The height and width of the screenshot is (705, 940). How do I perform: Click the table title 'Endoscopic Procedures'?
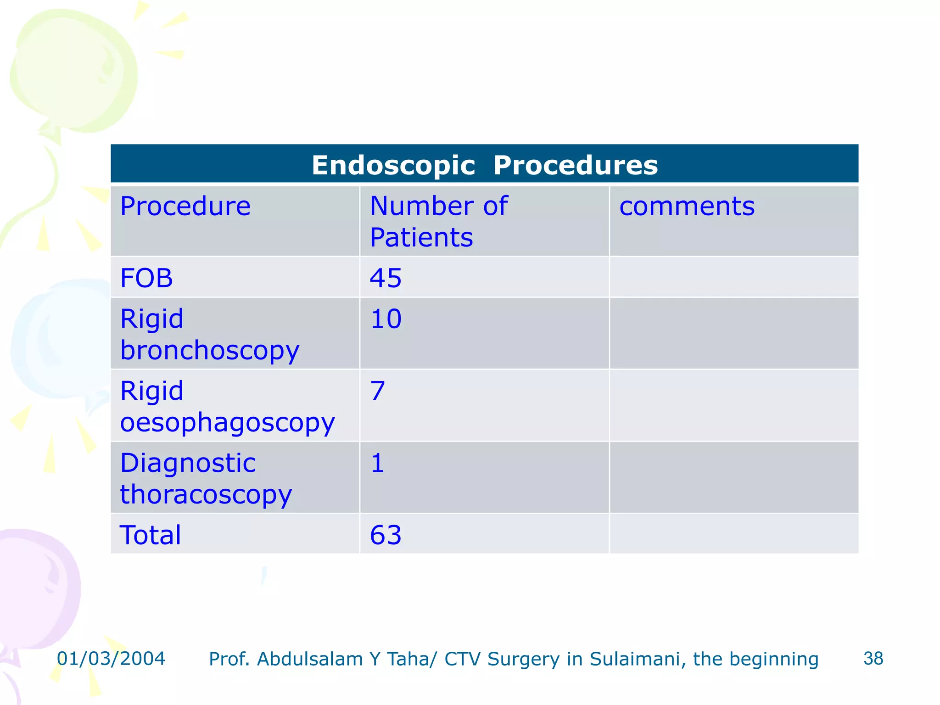(485, 165)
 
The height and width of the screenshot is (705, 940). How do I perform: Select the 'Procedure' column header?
(185, 206)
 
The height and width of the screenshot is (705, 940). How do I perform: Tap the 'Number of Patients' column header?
(438, 221)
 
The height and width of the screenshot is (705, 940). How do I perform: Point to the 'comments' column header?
(687, 206)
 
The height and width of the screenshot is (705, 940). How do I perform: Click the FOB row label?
(146, 278)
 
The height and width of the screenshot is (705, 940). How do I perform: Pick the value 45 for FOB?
(386, 278)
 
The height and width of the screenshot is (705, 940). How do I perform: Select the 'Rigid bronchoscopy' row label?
(209, 334)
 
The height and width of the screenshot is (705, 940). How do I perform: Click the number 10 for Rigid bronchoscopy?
(386, 319)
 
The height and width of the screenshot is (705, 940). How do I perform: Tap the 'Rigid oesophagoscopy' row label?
(227, 406)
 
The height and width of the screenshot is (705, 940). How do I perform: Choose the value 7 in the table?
(377, 391)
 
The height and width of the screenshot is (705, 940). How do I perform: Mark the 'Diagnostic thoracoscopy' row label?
(206, 478)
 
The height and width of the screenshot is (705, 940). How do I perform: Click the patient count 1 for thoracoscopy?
(377, 463)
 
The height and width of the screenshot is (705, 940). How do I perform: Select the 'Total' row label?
(150, 535)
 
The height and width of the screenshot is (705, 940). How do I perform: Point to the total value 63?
(386, 535)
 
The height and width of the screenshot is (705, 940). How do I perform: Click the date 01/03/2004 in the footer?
(111, 659)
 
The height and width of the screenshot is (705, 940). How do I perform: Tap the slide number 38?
(873, 659)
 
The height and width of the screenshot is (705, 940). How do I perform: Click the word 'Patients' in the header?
(421, 238)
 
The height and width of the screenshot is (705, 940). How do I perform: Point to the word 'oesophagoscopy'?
(227, 422)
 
